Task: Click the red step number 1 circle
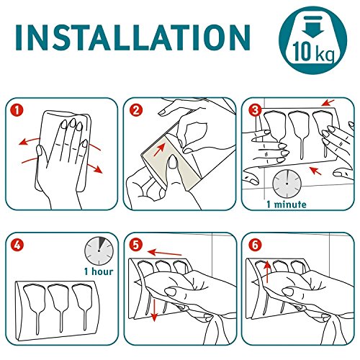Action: pos(17,110)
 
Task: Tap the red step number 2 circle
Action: pos(135,110)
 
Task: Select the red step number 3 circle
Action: pos(255,110)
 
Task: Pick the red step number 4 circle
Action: pos(17,246)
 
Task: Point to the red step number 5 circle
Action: pos(135,246)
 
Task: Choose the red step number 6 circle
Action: pos(255,246)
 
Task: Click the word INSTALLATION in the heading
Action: pos(133,38)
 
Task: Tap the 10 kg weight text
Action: pos(313,53)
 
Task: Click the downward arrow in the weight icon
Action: pos(313,27)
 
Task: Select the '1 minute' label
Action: pos(287,204)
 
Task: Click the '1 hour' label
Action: pos(99,271)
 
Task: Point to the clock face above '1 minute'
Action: pos(287,184)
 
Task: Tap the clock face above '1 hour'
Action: pos(99,251)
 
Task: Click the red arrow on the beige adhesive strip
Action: pos(159,149)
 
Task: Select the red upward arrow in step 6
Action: pos(267,271)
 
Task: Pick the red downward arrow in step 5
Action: pos(154,310)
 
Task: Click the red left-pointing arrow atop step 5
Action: pos(165,253)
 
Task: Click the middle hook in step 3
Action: pos(300,135)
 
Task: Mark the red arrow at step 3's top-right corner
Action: pos(328,103)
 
